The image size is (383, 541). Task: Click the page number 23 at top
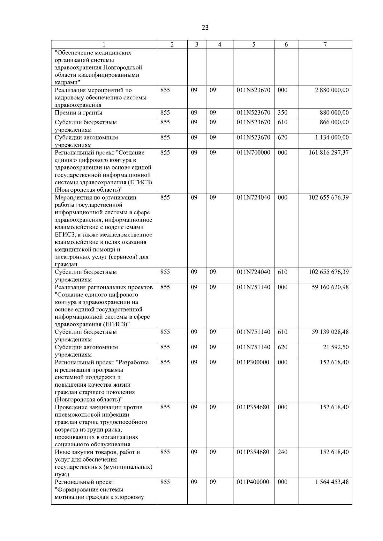coord(205,28)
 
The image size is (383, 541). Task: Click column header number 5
coord(253,45)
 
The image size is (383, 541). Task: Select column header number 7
coord(325,45)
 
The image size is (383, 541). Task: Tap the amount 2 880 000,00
coord(332,90)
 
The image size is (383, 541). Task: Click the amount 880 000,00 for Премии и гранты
coord(334,113)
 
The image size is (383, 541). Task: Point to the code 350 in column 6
coord(282,113)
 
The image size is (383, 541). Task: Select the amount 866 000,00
coord(334,122)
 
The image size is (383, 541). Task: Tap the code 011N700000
coord(253,153)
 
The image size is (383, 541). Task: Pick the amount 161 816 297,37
coord(329,153)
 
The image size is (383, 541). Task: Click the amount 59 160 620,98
coord(330,287)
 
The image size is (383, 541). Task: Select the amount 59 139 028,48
coord(330,332)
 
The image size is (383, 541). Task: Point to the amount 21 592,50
coord(336,347)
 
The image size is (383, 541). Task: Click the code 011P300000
coord(253,362)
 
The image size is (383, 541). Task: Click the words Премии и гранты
coord(79,113)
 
